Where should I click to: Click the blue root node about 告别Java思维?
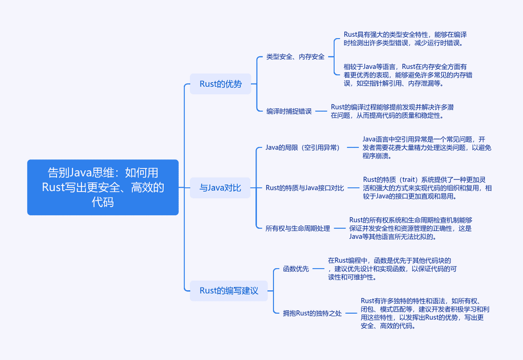103,187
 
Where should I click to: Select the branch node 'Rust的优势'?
220,84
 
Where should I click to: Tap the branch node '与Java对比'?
220,188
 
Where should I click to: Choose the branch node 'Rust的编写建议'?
229,291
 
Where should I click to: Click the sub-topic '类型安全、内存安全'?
295,57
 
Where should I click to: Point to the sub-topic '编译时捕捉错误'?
289,111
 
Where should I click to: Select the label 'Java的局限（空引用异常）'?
303,147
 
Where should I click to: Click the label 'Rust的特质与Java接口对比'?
305,188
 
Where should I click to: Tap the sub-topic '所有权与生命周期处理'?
297,228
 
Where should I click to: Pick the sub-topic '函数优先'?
296,269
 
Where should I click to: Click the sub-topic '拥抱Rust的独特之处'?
312,313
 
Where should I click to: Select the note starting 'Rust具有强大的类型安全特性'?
405,39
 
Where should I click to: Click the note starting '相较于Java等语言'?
408,75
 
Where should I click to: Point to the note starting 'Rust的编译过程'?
392,111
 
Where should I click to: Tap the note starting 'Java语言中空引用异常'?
427,148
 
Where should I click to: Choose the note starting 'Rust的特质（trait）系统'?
427,188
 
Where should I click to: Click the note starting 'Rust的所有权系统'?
411,228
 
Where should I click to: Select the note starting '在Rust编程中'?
392,269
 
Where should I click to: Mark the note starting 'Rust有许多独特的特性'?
425,314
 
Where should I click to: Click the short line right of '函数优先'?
319,269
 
